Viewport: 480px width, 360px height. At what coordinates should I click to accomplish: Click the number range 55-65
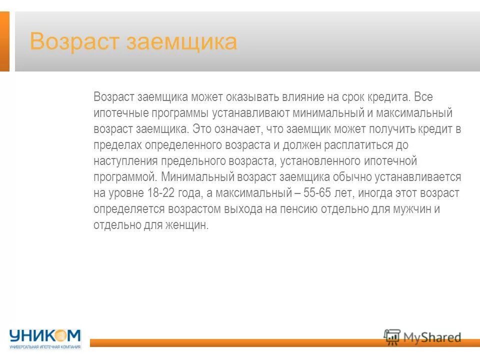[305, 193]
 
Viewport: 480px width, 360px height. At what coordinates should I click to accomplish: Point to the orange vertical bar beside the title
[4, 41]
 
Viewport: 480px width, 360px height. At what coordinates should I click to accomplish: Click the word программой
[124, 177]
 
